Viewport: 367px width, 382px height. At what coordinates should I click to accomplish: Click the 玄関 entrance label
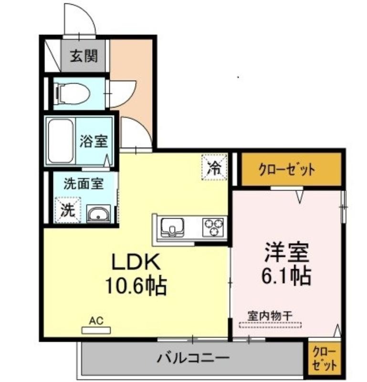pyautogui.click(x=84, y=56)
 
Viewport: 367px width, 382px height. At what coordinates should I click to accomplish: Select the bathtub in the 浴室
pyautogui.click(x=61, y=141)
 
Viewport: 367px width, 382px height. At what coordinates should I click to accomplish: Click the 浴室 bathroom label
pyautogui.click(x=94, y=141)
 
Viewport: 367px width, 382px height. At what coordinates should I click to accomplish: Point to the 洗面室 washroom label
pyautogui.click(x=84, y=184)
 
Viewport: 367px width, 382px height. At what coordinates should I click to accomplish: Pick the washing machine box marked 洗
pyautogui.click(x=68, y=210)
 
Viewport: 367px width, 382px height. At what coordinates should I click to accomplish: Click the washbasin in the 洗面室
pyautogui.click(x=99, y=213)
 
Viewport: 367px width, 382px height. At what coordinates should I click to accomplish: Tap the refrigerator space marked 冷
pyautogui.click(x=214, y=168)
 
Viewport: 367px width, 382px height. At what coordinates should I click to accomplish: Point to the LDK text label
pyautogui.click(x=136, y=262)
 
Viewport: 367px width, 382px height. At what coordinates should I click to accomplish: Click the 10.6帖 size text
pyautogui.click(x=136, y=285)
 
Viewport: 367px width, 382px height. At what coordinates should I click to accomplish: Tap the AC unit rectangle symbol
pyautogui.click(x=96, y=330)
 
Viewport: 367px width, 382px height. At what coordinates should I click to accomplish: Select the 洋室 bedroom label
pyautogui.click(x=287, y=252)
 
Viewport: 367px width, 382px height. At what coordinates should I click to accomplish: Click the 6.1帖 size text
pyautogui.click(x=286, y=276)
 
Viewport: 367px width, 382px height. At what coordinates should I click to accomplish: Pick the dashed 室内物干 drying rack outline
pyautogui.click(x=270, y=325)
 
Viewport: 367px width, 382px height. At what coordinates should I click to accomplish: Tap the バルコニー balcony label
pyautogui.click(x=193, y=358)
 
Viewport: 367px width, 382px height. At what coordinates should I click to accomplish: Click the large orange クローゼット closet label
pyautogui.click(x=287, y=170)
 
